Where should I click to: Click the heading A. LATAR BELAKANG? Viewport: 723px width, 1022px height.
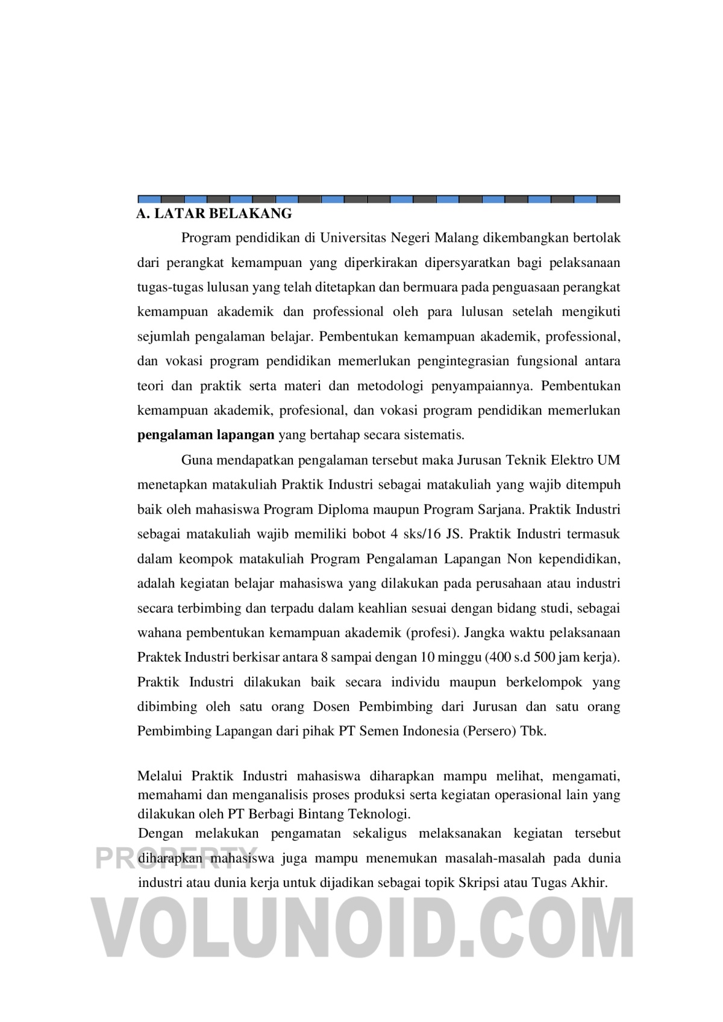point(214,213)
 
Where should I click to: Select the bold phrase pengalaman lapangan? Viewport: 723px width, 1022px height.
point(205,434)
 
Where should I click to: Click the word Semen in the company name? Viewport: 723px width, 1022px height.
point(379,731)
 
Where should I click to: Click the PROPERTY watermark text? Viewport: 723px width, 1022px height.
point(175,858)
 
